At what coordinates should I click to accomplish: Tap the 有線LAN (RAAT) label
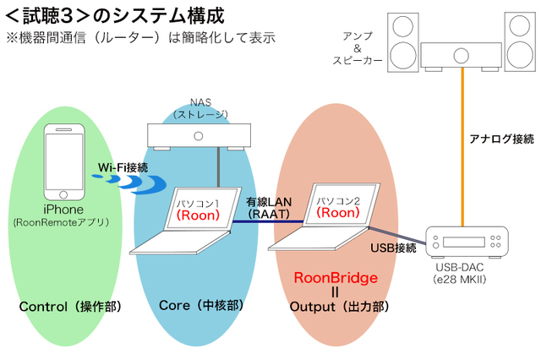[x=268, y=209]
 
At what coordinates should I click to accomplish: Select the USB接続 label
[x=393, y=248]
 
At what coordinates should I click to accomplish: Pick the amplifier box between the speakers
[x=461, y=56]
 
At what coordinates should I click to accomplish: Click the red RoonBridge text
[x=336, y=277]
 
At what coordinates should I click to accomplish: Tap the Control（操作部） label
[x=70, y=307]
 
